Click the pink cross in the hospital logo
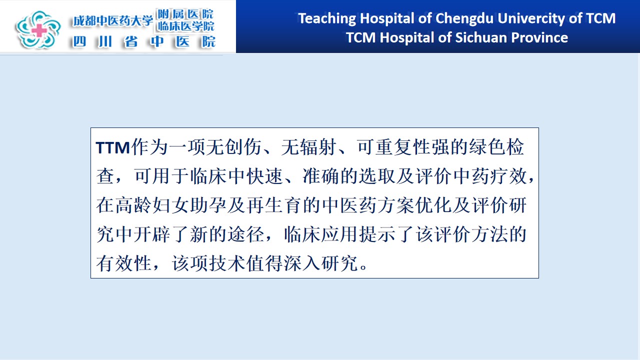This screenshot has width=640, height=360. click(39, 30)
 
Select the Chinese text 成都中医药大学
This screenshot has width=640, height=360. click(113, 20)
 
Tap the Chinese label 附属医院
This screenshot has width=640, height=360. click(185, 14)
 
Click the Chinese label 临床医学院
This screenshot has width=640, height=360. click(185, 26)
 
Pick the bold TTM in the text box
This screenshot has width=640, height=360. click(113, 147)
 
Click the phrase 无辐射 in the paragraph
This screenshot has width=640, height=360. click(308, 147)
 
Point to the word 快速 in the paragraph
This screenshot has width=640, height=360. click(265, 176)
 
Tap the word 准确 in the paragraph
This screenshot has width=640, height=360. click(321, 176)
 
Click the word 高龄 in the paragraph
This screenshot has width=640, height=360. click(133, 205)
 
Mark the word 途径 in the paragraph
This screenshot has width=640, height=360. click(245, 234)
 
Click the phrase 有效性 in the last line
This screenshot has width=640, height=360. click(123, 263)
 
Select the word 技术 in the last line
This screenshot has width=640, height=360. click(227, 263)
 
